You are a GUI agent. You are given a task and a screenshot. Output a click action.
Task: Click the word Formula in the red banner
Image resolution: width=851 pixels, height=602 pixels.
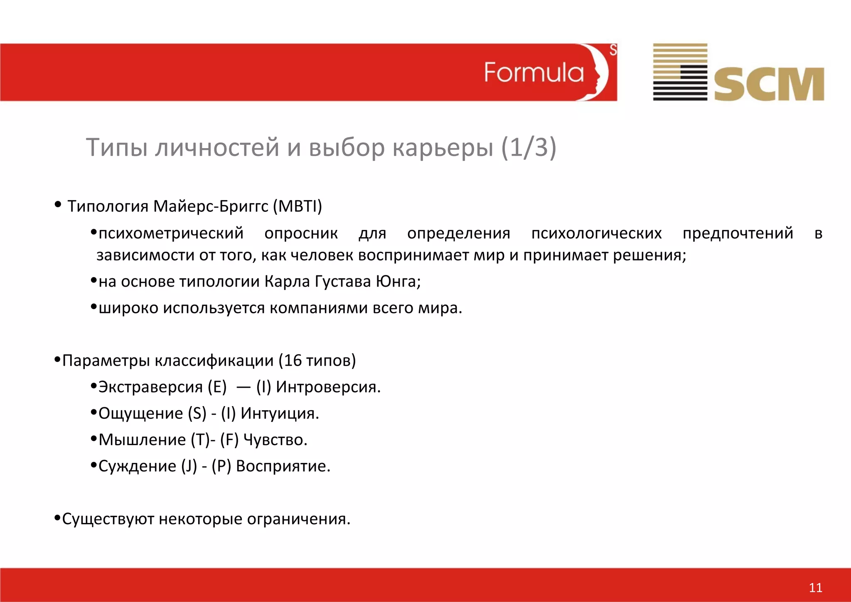coord(534,73)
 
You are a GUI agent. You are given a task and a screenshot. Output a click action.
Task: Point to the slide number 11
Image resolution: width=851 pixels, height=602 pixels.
coord(815,587)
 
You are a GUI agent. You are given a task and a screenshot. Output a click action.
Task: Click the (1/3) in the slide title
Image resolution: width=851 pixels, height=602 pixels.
coord(528,147)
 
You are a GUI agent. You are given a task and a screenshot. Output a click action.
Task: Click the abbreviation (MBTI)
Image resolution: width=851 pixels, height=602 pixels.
coord(298,206)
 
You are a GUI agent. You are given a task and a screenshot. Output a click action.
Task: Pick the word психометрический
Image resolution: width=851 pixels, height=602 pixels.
coord(171,233)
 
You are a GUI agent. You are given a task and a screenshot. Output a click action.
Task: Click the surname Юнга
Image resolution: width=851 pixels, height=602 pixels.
coord(398,282)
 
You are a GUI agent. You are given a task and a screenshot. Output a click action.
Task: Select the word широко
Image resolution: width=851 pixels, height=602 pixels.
coord(128,308)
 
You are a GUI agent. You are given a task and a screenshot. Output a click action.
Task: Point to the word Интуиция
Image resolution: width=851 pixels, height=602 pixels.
coord(279,414)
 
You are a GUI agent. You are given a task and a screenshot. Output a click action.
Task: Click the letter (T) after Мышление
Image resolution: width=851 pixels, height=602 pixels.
coord(200,440)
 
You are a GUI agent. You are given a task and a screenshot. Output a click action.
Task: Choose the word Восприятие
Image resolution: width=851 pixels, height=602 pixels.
coord(283,466)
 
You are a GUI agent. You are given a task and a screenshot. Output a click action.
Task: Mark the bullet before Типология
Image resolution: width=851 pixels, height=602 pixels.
coord(58,205)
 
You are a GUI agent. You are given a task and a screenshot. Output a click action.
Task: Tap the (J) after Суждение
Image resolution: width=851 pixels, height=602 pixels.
coord(189,466)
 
